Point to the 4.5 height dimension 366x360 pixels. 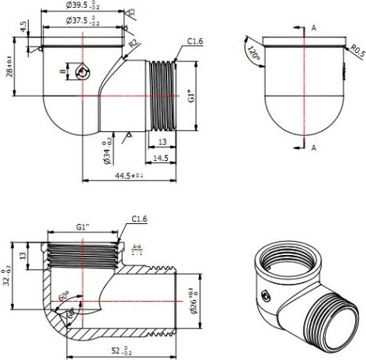[x=25, y=26]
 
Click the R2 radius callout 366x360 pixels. [x=134, y=43]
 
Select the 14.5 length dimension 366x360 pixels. [x=161, y=159]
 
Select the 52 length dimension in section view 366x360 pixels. [x=122, y=351]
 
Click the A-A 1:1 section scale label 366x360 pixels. [x=137, y=249]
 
